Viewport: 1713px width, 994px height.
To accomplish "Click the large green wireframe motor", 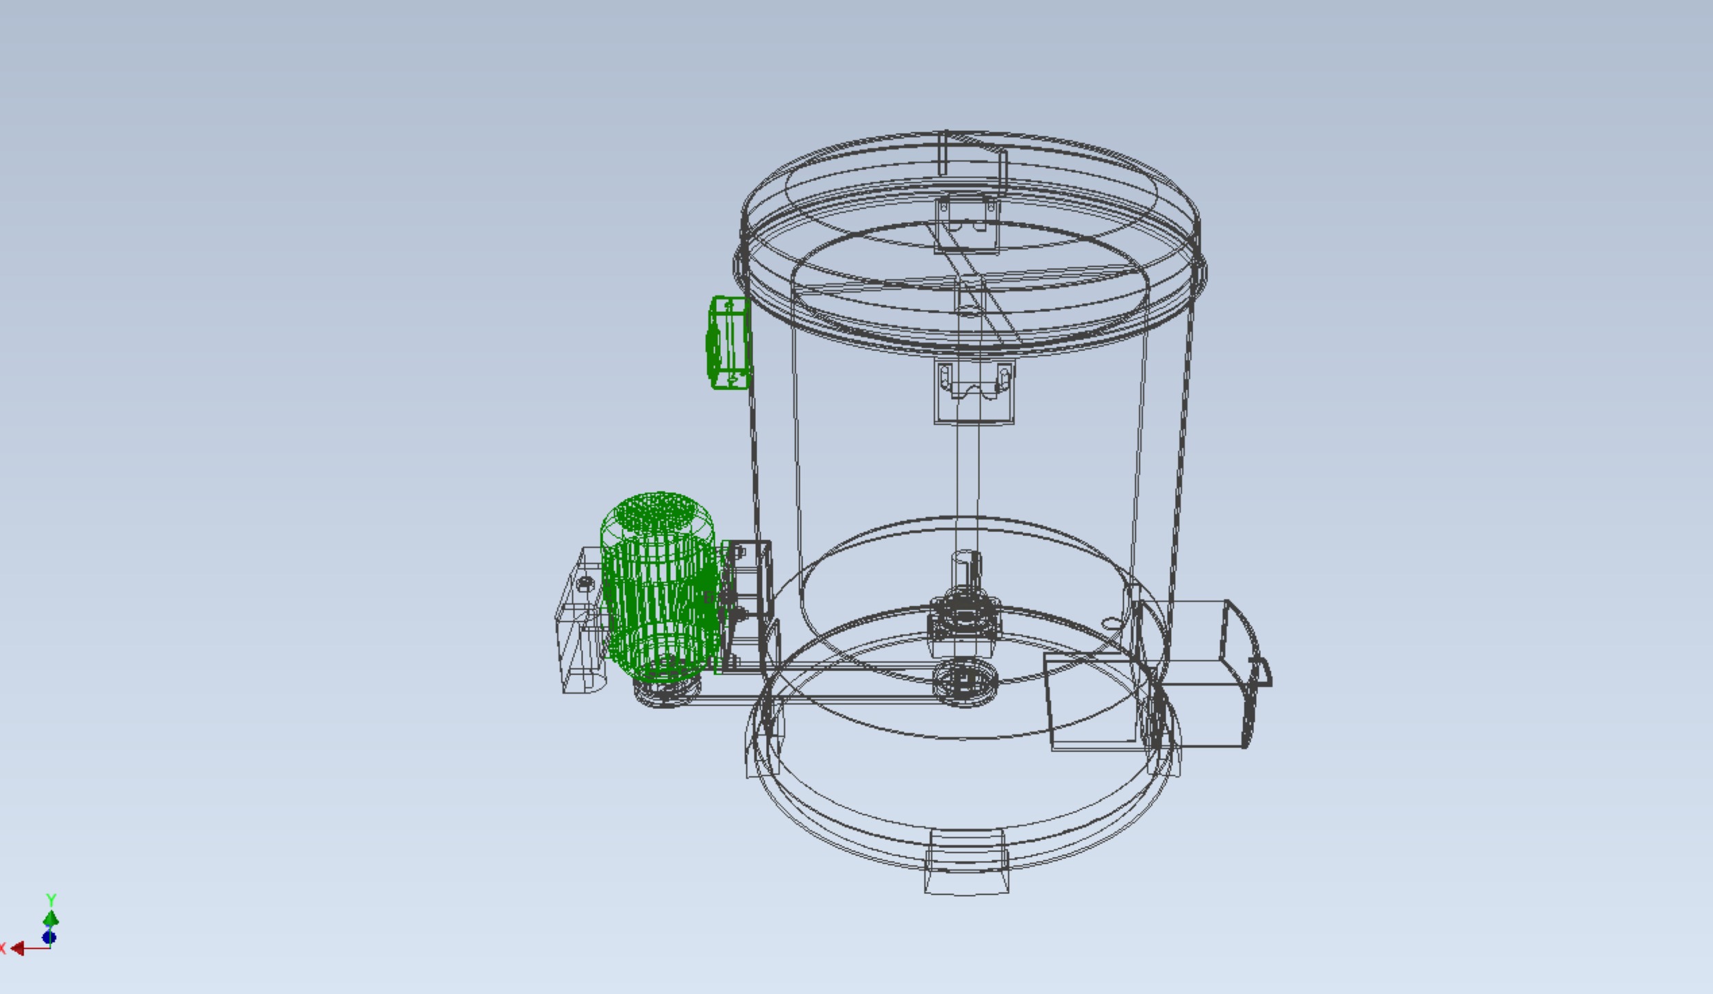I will tap(659, 583).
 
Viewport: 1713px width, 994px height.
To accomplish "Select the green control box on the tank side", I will tap(729, 343).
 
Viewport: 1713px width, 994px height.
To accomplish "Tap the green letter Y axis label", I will tap(51, 899).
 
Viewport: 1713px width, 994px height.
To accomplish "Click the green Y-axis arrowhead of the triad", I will tap(51, 919).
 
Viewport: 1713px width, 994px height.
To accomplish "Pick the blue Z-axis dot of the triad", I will tap(49, 937).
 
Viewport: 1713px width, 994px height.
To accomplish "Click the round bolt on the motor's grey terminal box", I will tap(584, 583).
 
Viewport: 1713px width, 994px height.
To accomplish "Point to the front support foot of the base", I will tap(966, 864).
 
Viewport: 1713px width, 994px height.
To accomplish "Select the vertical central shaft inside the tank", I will tap(968, 480).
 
